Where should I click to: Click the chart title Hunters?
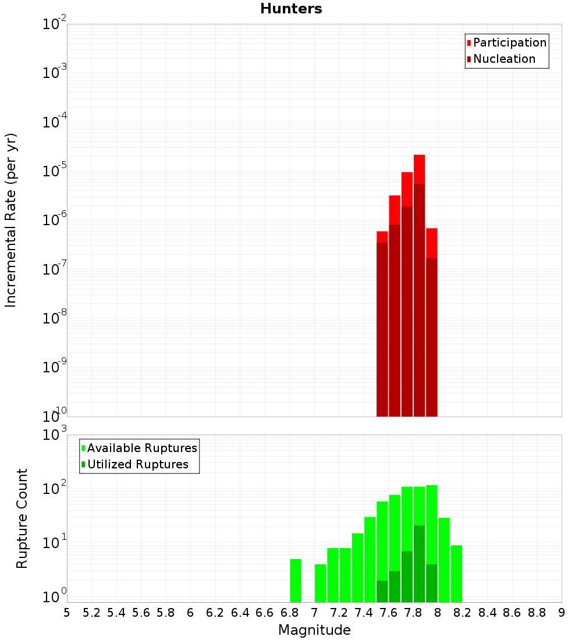(x=291, y=9)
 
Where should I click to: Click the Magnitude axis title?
(x=314, y=630)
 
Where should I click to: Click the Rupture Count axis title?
(x=22, y=518)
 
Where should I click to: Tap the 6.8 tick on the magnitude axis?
(x=289, y=613)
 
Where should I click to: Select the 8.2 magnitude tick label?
(x=463, y=613)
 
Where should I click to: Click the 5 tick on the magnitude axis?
(x=67, y=613)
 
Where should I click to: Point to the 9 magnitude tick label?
(x=562, y=613)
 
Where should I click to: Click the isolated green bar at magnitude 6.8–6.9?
(x=296, y=581)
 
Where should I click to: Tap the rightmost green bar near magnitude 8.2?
(x=456, y=573)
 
